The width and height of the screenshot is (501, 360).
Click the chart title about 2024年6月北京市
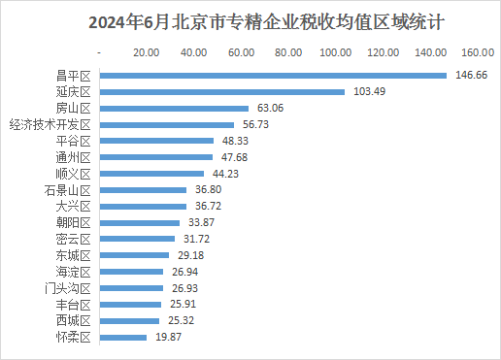(x=250, y=20)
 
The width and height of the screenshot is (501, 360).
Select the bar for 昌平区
(x=273, y=75)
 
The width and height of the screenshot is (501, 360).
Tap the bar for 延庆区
(x=222, y=91)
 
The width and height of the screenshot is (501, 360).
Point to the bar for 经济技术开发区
(x=166, y=124)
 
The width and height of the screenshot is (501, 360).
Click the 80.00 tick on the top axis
(x=288, y=51)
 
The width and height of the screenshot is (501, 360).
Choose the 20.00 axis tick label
(x=147, y=51)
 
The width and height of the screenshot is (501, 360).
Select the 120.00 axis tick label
(x=384, y=51)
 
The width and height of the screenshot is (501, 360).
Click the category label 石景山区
(x=67, y=190)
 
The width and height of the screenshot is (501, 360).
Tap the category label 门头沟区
(x=67, y=288)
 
